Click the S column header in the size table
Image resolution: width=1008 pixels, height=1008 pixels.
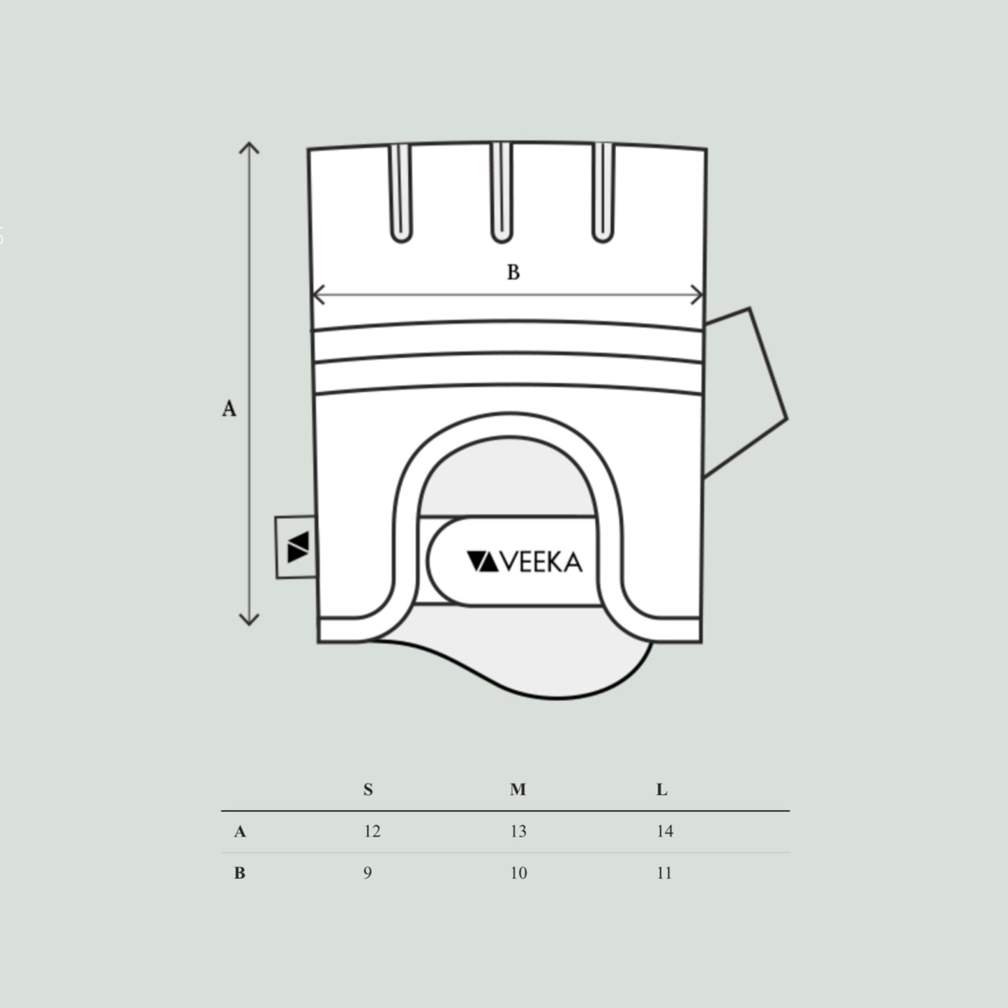368,790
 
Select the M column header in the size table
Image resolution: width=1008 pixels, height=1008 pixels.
518,790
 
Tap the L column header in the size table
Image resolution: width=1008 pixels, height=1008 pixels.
662,790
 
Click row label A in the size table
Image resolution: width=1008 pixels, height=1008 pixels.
239,832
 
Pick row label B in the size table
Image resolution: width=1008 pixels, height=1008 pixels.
239,873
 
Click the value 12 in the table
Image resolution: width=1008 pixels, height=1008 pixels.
372,832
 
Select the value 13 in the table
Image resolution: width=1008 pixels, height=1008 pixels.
518,832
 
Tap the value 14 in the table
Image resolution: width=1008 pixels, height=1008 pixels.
665,832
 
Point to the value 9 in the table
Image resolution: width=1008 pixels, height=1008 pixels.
368,873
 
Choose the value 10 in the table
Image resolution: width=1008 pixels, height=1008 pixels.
518,873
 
